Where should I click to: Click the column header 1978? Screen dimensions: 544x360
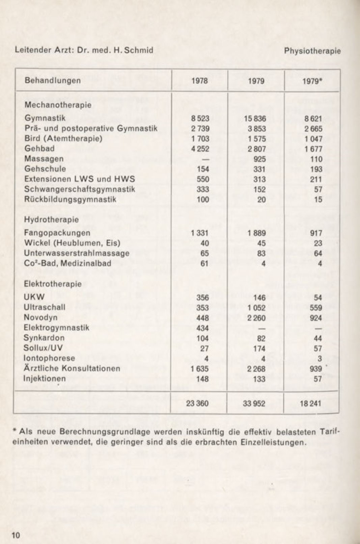tap(200, 81)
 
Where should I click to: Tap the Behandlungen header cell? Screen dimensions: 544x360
tap(53, 80)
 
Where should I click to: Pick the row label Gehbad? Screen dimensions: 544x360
tap(39, 149)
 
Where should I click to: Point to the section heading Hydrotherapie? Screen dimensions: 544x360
tap(51, 219)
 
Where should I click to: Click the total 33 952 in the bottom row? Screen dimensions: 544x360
tap(254, 403)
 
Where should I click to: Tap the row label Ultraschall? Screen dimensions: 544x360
tap(45, 307)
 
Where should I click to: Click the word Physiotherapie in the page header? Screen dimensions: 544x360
tap(312, 51)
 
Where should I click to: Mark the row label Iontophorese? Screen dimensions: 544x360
tap(49, 358)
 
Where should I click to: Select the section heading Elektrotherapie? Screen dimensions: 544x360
tap(53, 284)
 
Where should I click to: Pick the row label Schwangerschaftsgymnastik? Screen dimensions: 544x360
tap(80, 189)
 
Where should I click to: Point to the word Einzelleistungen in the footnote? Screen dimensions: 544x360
tap(274, 442)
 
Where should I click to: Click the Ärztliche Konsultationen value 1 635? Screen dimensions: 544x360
tap(200, 368)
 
